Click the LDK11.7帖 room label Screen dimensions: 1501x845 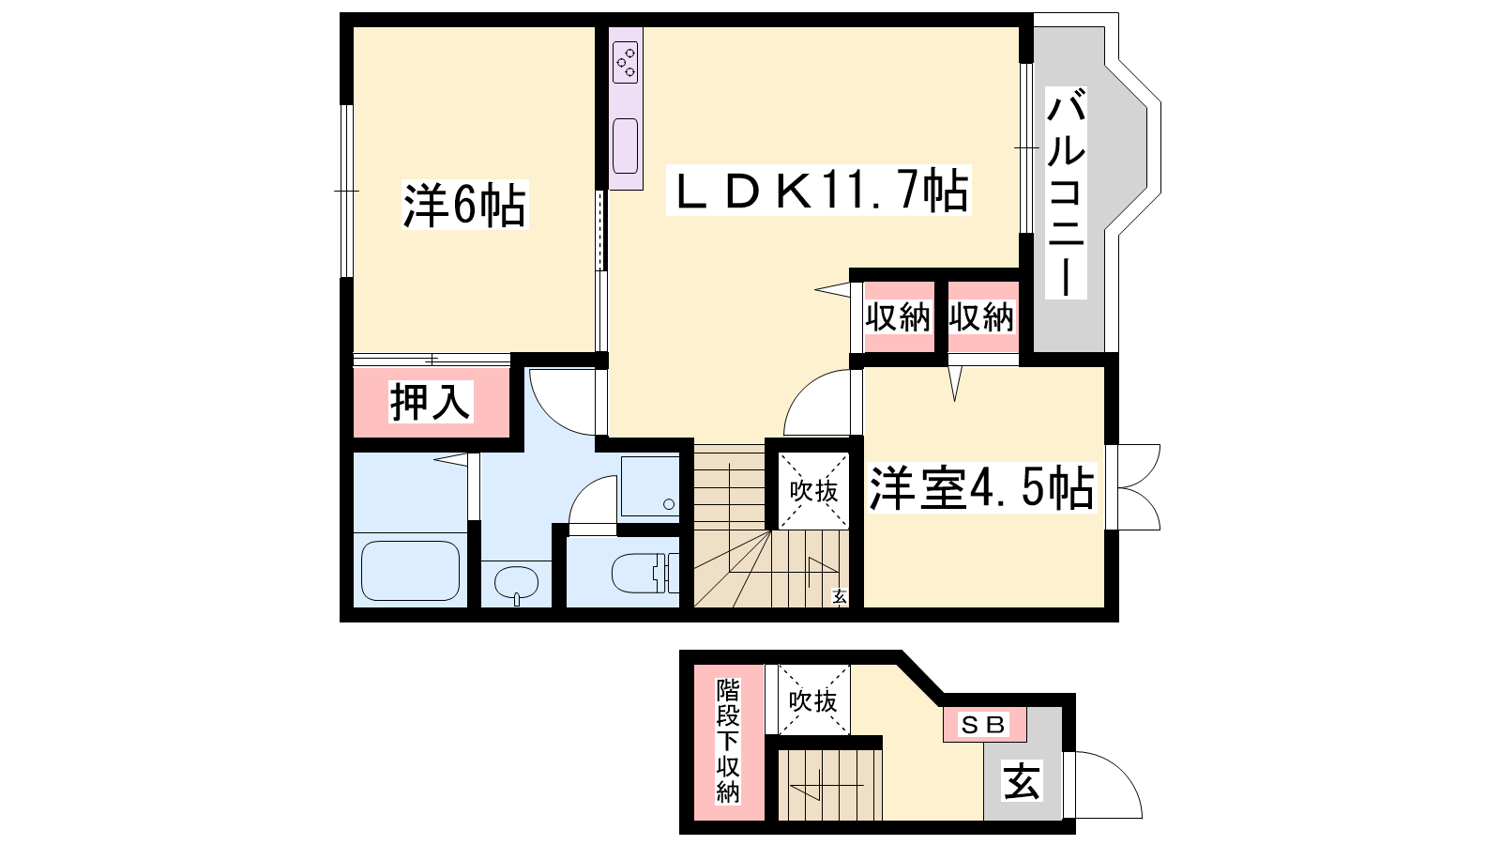coord(818,191)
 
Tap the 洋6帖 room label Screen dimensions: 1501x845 coord(464,205)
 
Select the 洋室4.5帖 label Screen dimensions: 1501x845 coord(981,487)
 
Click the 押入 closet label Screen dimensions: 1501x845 coord(431,402)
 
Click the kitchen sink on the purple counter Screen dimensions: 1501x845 coord(625,146)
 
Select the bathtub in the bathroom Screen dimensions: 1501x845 coord(411,570)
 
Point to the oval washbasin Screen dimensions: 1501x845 coord(516,583)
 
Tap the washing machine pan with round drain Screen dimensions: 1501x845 coord(649,486)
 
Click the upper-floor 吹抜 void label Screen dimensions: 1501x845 coord(813,491)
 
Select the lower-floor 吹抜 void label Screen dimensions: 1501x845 coord(812,700)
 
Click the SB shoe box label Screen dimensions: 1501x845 coord(984,724)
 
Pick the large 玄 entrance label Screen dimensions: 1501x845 coord(1022,781)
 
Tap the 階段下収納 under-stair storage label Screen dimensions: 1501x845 coord(728,741)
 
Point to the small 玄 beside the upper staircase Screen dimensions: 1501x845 coord(840,596)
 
